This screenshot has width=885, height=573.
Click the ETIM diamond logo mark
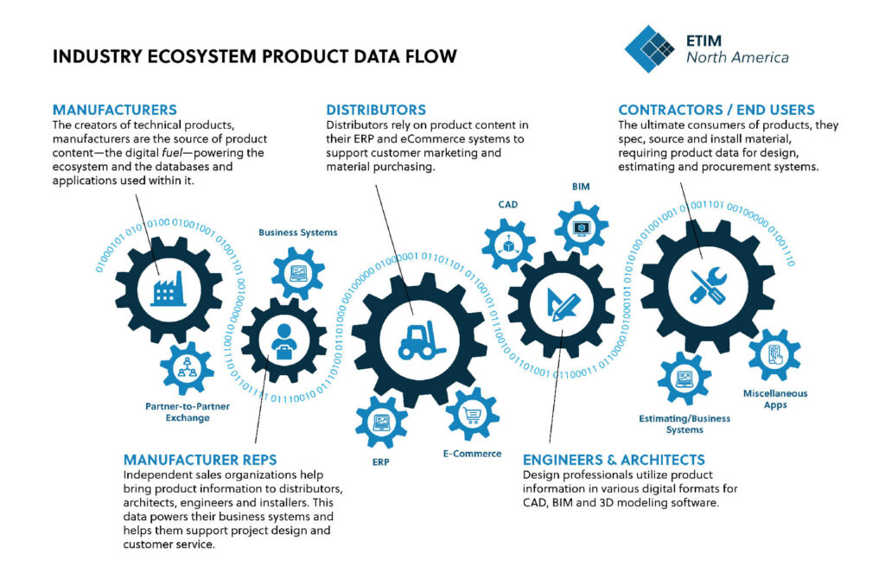coord(649,48)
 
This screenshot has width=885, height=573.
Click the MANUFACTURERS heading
coord(114,110)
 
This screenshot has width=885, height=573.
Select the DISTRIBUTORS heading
coord(375,110)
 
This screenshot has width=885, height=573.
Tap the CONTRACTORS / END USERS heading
coord(716,110)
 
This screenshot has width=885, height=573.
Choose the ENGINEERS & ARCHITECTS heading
coord(614,460)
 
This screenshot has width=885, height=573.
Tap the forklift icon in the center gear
coord(421,340)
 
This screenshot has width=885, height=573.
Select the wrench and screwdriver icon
coord(702,285)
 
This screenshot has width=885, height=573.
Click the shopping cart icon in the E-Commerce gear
coord(472,414)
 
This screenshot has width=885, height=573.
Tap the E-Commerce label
coord(473,454)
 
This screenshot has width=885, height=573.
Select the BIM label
coord(581,186)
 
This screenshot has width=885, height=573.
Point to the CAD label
coord(507,205)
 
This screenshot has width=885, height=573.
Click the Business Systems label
coord(298,232)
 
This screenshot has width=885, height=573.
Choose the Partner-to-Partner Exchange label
coord(188,411)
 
